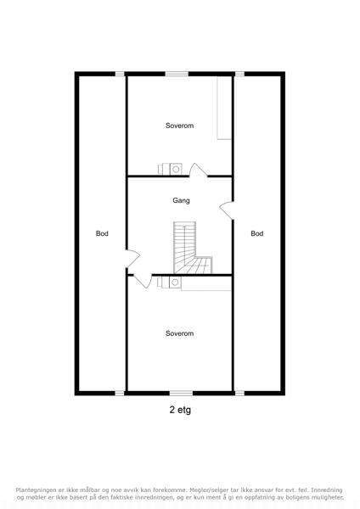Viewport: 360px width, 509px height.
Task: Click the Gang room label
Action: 181,200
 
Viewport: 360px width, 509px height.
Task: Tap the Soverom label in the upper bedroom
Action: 179,126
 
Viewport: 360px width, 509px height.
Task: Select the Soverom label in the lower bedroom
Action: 179,333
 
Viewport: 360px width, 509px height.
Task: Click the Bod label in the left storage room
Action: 102,233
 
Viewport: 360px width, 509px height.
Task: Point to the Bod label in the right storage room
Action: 257,233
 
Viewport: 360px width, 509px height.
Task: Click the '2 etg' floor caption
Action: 180,410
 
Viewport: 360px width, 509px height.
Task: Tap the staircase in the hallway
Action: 192,249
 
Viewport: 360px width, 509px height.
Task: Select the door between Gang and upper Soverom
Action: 198,171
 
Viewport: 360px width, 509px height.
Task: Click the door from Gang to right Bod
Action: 227,210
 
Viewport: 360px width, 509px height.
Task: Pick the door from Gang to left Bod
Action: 133,259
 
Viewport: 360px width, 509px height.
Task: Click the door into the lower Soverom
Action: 143,281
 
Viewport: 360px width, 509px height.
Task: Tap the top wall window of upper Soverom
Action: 177,74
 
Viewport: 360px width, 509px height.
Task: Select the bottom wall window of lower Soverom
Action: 181,393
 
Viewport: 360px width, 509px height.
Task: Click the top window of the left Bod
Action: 120,74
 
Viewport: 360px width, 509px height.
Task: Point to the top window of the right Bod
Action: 239,74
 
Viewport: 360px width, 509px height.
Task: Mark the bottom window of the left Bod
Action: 120,393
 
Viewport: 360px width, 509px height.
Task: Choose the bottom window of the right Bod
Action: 239,393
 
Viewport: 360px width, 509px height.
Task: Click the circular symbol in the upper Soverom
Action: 176,169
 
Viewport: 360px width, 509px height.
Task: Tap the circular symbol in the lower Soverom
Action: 175,282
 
